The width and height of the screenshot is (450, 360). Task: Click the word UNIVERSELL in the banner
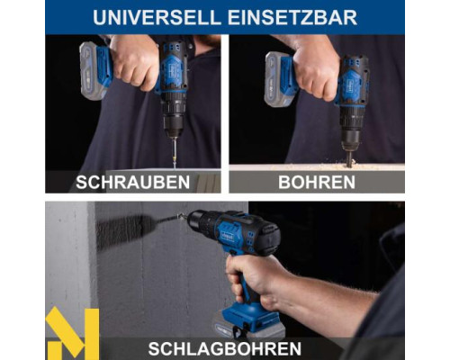pos(157,17)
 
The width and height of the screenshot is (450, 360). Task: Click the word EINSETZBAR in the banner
pos(292,17)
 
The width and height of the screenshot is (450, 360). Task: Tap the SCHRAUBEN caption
pos(132,182)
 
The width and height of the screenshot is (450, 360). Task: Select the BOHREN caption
pos(317,182)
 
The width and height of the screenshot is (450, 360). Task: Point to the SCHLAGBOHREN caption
pos(225,348)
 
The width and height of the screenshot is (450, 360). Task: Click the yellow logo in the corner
pos(72,333)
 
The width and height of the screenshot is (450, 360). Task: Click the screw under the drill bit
pos(174,153)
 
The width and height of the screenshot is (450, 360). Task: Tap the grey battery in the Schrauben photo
pos(93,70)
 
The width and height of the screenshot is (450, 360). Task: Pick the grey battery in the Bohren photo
pos(277,79)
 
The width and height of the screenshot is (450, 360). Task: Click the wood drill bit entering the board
pos(348,157)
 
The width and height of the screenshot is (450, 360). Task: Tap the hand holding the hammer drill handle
pos(255,281)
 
